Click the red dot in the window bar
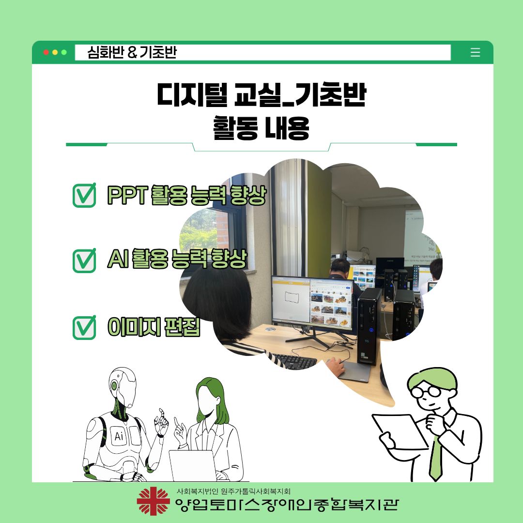46,52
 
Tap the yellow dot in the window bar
55,52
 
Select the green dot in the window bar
64,52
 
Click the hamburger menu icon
475,52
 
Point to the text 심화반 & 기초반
132,52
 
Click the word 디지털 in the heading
192,95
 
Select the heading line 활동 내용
261,128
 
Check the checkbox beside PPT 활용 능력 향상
84,196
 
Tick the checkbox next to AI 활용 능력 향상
84,261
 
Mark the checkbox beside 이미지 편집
84,327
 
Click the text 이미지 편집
154,326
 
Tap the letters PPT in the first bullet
127,195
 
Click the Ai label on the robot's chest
119,436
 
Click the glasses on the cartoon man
427,391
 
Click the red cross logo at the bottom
153,501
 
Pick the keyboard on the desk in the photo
293,361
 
